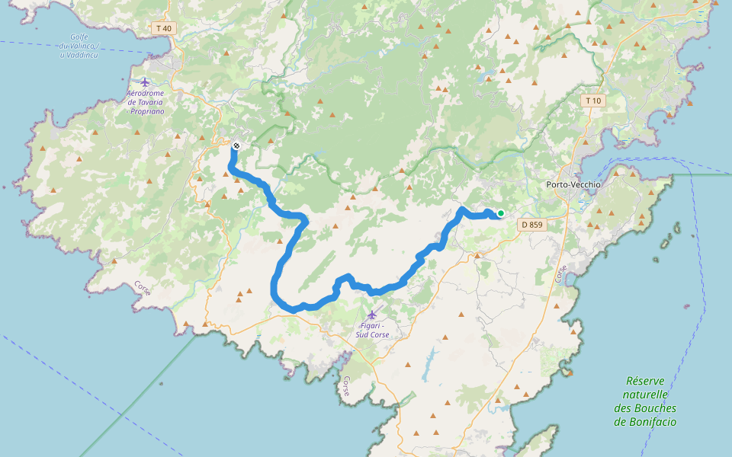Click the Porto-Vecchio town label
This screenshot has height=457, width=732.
coord(574,184)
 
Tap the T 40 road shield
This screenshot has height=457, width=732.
coord(163,28)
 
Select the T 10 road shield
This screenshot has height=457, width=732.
coord(592,101)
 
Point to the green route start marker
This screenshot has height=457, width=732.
coord(500,213)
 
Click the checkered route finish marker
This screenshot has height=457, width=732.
coord(237,145)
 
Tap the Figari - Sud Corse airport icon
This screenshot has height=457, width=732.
coord(372,315)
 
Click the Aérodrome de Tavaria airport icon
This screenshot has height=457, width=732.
coord(145,81)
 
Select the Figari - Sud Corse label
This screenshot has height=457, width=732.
coord(372,330)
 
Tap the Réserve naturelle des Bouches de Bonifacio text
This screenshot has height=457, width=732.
coord(645,401)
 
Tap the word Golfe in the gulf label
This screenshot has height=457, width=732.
coord(79,37)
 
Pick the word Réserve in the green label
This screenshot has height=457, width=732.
coord(646,381)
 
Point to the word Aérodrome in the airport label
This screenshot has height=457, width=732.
coord(146,93)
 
